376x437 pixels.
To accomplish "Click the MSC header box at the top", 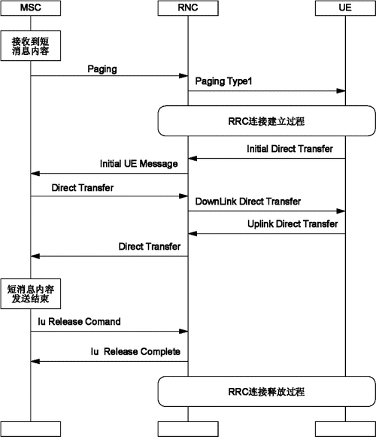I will [x=31, y=8].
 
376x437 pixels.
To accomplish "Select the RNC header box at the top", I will [x=188, y=8].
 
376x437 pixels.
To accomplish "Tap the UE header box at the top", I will [x=345, y=8].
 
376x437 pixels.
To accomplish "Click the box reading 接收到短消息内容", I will [x=31, y=46].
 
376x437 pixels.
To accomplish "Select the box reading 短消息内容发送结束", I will [x=31, y=294].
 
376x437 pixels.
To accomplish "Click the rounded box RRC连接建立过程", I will [x=266, y=120].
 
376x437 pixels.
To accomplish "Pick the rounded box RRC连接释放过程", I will [x=266, y=392].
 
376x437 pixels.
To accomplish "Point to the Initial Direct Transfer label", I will [x=290, y=148].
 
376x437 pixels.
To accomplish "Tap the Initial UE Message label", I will [x=139, y=163].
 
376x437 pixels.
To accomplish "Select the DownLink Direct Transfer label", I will [x=248, y=202].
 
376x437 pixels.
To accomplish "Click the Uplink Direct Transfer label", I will [x=293, y=223].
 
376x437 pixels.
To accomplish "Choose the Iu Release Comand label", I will [x=79, y=322].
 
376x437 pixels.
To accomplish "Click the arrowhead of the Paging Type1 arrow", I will [x=341, y=91].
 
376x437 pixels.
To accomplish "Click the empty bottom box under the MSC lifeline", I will [x=31, y=429].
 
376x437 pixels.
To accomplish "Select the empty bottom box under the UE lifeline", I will [x=345, y=429].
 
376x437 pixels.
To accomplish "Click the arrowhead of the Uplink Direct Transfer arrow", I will [x=193, y=234].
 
